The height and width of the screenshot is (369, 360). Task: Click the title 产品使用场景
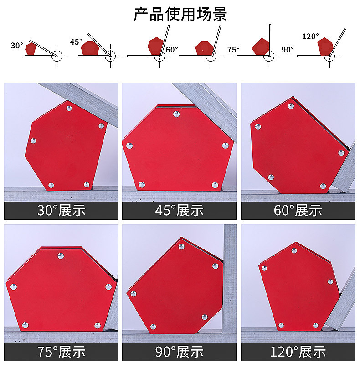[x=180, y=14]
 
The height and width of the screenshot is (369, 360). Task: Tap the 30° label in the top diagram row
[x=17, y=46]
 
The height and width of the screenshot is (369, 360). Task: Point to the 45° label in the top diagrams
[x=76, y=42]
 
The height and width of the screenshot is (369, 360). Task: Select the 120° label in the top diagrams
[x=310, y=36]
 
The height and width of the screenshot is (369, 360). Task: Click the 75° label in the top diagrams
[x=233, y=50]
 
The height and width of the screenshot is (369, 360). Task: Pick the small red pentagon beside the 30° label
[x=31, y=48]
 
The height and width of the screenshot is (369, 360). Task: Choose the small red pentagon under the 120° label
[x=325, y=47]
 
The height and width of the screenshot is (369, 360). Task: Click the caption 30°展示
[x=61, y=210]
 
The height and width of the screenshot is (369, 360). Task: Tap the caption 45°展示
[x=179, y=210]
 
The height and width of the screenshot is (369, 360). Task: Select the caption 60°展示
[x=298, y=210]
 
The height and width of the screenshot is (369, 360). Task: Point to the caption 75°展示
[x=61, y=352]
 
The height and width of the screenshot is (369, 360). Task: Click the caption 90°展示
[x=179, y=352]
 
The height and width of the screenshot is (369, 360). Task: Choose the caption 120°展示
[x=298, y=352]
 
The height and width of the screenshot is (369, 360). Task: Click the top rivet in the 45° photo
[x=176, y=114]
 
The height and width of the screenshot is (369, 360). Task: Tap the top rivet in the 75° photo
[x=61, y=255]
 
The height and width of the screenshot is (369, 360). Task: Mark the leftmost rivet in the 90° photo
[x=134, y=294]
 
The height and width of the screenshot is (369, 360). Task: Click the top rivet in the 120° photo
[x=294, y=251]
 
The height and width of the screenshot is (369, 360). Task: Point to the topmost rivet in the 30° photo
[x=69, y=108]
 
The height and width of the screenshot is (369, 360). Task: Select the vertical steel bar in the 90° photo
[x=229, y=279]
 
